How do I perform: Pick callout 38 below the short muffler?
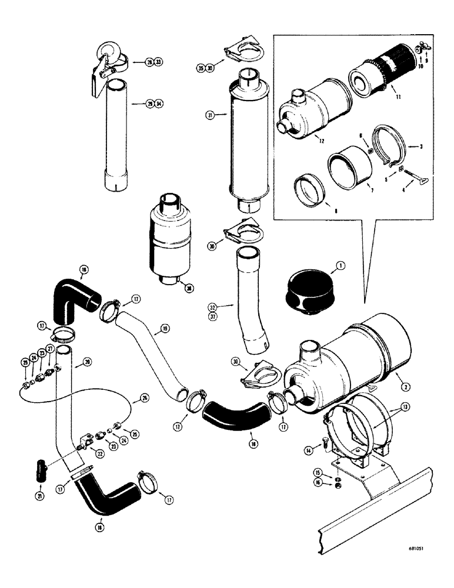click(187, 289)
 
